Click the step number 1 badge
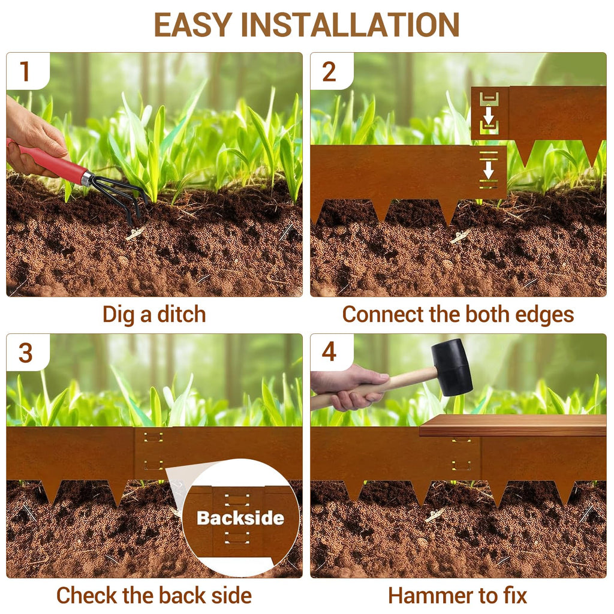pos(25,71)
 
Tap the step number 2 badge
pos(329,71)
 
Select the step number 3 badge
pos(25,353)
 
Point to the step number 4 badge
pos(329,351)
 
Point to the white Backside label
pos(240,517)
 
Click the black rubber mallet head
pos(452,366)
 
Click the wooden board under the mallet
pos(513,425)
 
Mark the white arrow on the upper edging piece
pos(488,116)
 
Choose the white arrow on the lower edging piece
pos(488,169)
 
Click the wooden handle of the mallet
pos(376,388)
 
